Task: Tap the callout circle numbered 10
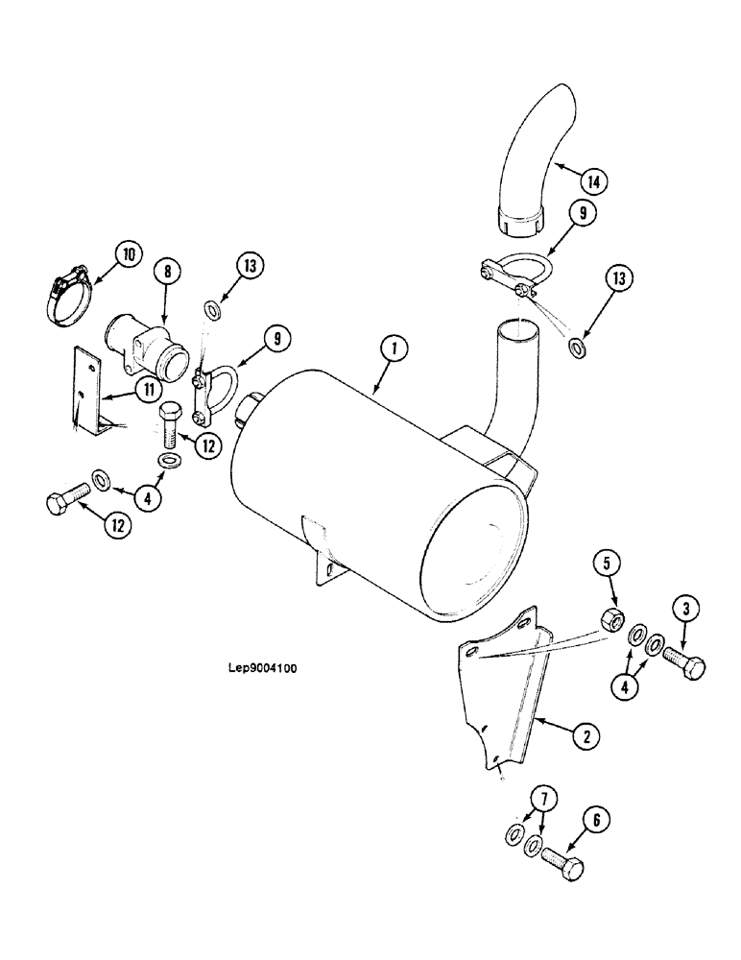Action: coord(128,255)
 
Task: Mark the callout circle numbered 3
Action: coord(686,608)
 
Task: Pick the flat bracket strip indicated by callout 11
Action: coord(87,389)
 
